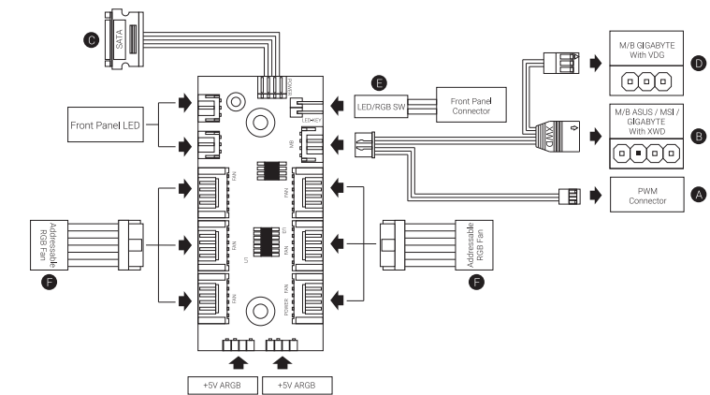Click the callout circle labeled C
91,39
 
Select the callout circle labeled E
377,80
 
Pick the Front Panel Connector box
469,107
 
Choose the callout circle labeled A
695,196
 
